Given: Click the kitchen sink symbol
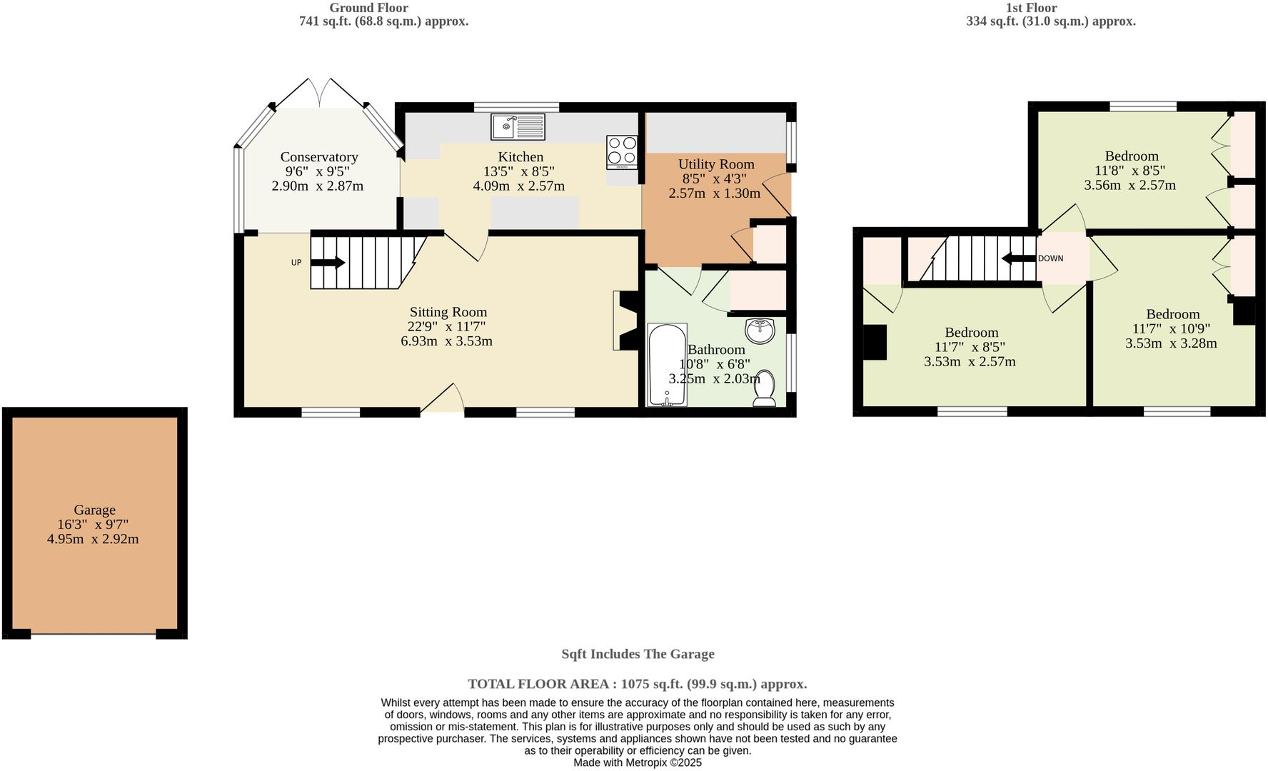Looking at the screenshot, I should [518, 127].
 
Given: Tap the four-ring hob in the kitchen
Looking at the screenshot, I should [622, 151].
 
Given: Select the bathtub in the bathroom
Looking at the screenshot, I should [667, 365].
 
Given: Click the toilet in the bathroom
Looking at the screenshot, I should [765, 388].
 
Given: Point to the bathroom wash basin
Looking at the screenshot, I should [760, 331].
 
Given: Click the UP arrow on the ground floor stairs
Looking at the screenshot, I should [328, 263].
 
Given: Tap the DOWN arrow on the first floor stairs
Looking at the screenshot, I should [1018, 258].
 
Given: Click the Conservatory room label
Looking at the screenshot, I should [318, 157].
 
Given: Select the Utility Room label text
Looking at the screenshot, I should [716, 164].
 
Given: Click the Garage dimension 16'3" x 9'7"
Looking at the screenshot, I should [93, 525].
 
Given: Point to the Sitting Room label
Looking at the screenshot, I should [448, 312].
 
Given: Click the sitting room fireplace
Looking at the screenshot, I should [625, 321].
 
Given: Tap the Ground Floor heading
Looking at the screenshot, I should [368, 8].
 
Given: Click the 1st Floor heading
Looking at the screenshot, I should [1031, 8].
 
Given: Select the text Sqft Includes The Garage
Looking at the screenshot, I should [638, 654].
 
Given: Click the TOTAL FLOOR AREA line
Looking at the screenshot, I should [638, 684].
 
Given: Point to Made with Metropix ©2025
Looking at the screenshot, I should [638, 762].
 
